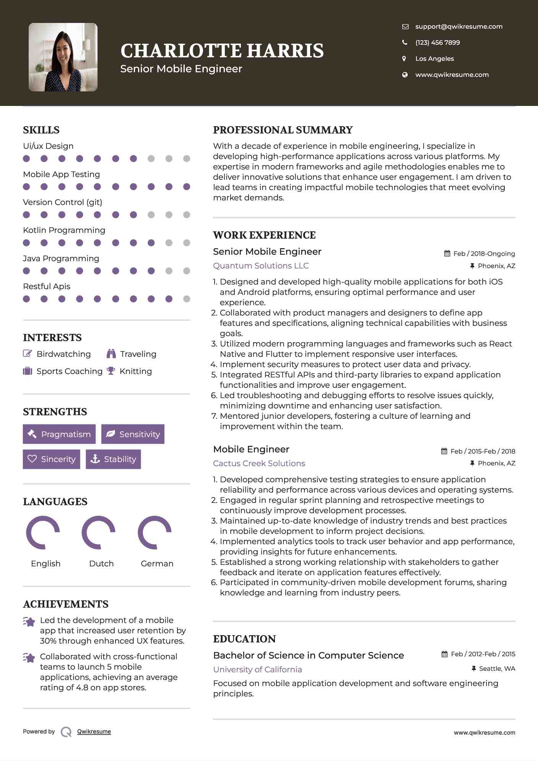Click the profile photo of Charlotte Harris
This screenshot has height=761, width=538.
pyautogui.click(x=63, y=57)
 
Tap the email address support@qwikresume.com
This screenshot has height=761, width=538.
pyautogui.click(x=458, y=26)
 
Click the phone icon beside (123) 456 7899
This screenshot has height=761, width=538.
pyautogui.click(x=405, y=42)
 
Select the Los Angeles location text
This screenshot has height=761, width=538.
pyautogui.click(x=434, y=59)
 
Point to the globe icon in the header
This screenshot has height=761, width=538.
pyautogui.click(x=405, y=75)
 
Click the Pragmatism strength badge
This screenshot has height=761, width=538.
pyautogui.click(x=59, y=434)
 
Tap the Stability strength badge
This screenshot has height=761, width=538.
pyautogui.click(x=113, y=459)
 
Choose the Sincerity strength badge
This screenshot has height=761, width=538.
pyautogui.click(x=52, y=459)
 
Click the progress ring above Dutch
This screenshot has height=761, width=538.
pyautogui.click(x=99, y=532)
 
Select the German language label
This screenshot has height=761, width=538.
pyautogui.click(x=157, y=563)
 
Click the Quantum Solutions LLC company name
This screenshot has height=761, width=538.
pyautogui.click(x=261, y=265)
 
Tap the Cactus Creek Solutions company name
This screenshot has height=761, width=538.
pyautogui.click(x=259, y=463)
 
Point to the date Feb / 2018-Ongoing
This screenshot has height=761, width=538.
pyautogui.click(x=484, y=254)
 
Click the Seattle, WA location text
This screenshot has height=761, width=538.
pyautogui.click(x=497, y=668)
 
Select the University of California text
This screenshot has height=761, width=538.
pyautogui.click(x=257, y=669)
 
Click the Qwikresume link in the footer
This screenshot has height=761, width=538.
pyautogui.click(x=94, y=731)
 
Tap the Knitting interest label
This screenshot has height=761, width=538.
pyautogui.click(x=136, y=371)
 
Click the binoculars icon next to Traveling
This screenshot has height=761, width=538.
pyautogui.click(x=111, y=354)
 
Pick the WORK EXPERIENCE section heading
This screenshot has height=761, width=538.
pyautogui.click(x=264, y=235)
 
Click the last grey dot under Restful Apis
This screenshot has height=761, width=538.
pyautogui.click(x=187, y=299)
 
